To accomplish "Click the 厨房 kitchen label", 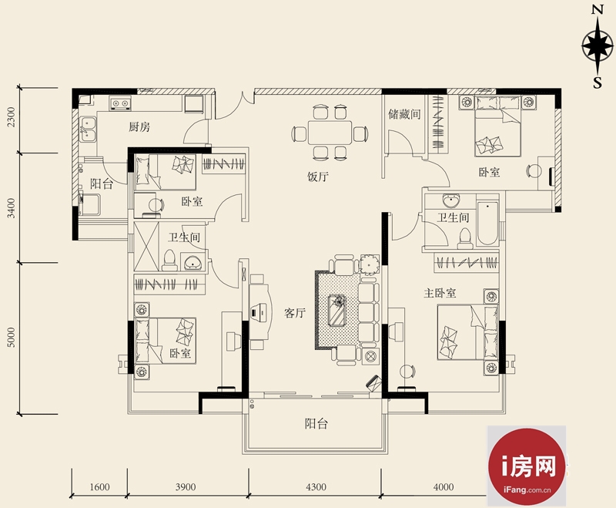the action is tap(139, 127).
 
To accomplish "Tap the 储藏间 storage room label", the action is tap(404, 114).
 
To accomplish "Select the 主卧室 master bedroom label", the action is tap(440, 293).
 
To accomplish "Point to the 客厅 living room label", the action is tap(295, 314).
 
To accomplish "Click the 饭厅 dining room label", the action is tap(318, 177).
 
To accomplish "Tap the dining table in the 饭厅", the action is tap(330, 133).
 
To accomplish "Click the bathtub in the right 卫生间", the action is tap(487, 224).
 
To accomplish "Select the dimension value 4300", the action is tap(316, 487).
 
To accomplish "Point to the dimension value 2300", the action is tap(12, 116).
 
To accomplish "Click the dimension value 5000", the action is tap(12, 338).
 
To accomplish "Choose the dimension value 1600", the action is tap(99, 487).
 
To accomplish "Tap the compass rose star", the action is tap(598, 46).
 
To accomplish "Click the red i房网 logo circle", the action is tap(527, 466).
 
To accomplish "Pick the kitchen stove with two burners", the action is tap(120, 104).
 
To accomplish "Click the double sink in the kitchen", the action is tap(87, 129).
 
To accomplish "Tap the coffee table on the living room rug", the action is tap(337, 310).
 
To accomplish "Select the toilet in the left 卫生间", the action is tap(169, 260).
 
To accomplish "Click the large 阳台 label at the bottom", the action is tap(316, 424).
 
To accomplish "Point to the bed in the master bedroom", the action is tap(467, 332).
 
